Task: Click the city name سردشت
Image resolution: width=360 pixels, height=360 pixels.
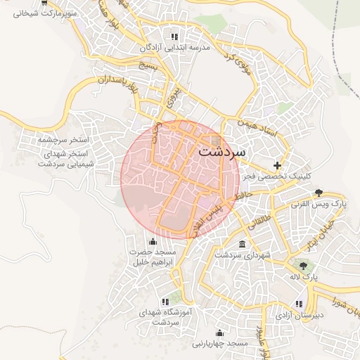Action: coord(222,151)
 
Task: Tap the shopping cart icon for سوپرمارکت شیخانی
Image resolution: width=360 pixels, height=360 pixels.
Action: coord(46,3)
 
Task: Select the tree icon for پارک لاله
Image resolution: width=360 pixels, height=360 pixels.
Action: coord(303,266)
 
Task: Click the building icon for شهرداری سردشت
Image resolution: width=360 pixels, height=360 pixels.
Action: coord(243,244)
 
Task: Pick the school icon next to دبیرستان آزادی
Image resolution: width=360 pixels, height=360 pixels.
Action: coord(299,304)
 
